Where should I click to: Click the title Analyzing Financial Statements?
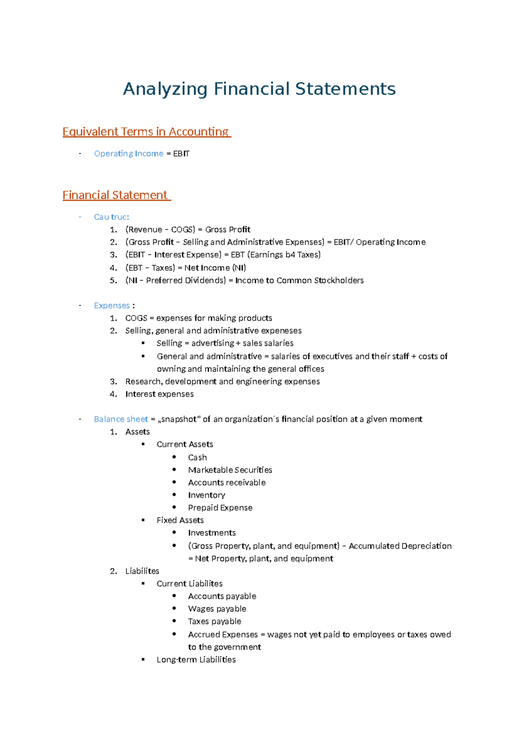tap(259, 89)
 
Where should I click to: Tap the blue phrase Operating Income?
tap(128, 154)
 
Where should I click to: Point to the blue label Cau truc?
tap(111, 217)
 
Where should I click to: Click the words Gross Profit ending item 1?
tap(227, 229)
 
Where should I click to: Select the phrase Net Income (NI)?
tap(215, 267)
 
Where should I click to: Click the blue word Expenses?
tap(112, 306)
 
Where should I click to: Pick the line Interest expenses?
tap(159, 394)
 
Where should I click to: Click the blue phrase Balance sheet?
tap(121, 419)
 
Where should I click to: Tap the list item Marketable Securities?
tap(230, 470)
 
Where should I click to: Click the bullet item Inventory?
tap(206, 495)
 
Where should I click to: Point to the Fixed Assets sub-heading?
tap(180, 520)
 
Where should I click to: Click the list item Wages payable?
tap(217, 608)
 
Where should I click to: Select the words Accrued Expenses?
tap(223, 634)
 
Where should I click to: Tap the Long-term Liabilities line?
tap(196, 660)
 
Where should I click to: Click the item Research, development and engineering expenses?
tap(222, 381)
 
